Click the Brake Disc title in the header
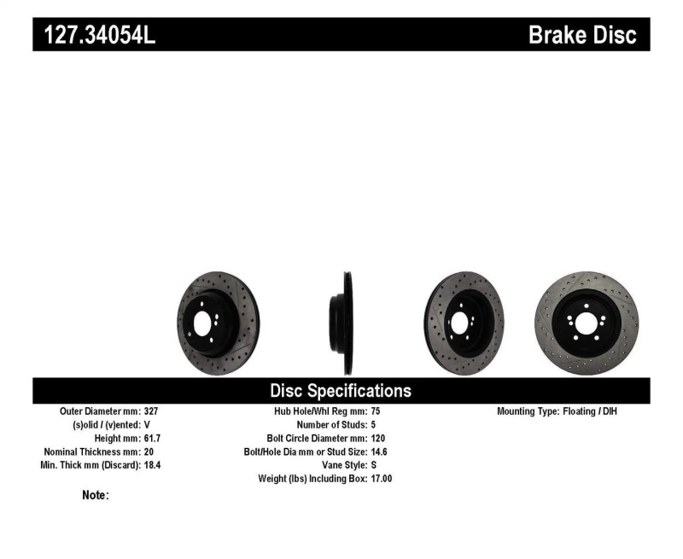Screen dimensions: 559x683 (582, 35)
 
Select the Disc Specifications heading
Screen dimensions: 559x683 (341, 391)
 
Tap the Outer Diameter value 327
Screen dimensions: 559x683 (152, 411)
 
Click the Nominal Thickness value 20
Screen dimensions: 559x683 (149, 451)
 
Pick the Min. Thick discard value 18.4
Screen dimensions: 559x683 (154, 465)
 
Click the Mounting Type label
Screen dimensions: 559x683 (527, 411)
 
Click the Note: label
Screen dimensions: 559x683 (95, 495)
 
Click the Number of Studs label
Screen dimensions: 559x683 (332, 424)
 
